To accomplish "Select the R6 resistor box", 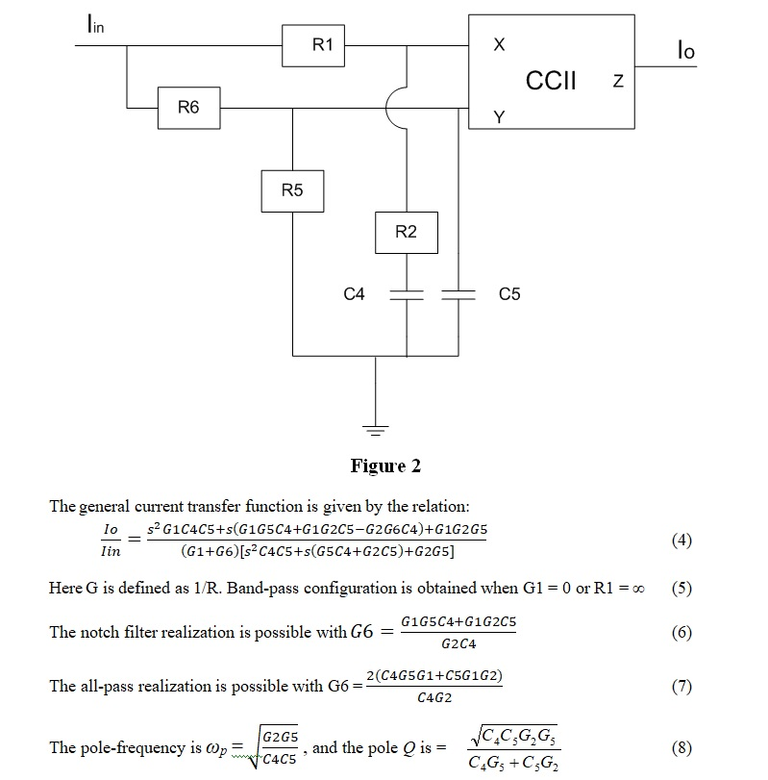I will [188, 108].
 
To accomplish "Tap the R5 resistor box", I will [292, 190].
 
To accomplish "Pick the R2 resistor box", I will [407, 232].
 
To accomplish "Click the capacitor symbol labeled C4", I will [407, 294].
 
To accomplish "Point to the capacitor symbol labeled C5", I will [458, 294].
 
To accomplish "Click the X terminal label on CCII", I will [498, 46].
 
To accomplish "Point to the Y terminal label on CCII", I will [498, 117].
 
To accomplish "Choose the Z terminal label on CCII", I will [617, 83].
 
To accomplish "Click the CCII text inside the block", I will [552, 80].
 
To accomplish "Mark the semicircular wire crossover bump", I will [395, 108].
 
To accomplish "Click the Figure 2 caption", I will [385, 466].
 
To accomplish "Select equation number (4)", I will [681, 541].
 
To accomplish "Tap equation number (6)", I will [681, 632].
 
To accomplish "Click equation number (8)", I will [681, 746].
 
